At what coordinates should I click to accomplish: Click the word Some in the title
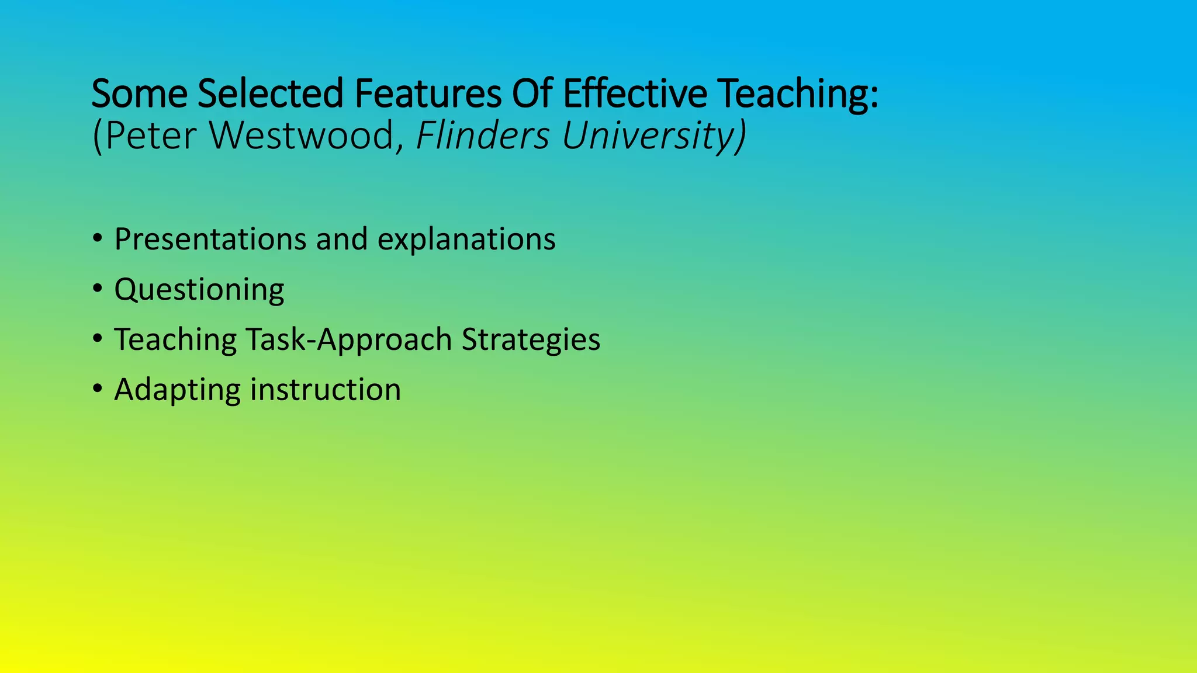click(x=139, y=94)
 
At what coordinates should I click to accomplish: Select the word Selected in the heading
click(x=270, y=94)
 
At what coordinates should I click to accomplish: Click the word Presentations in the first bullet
click(x=210, y=240)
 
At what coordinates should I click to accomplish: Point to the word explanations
click(x=466, y=240)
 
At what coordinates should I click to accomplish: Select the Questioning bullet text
click(x=199, y=290)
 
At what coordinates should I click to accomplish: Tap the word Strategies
click(x=531, y=340)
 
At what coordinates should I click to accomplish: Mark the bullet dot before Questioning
click(x=98, y=289)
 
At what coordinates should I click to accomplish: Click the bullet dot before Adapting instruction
click(x=98, y=389)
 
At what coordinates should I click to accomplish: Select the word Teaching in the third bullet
click(x=175, y=340)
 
